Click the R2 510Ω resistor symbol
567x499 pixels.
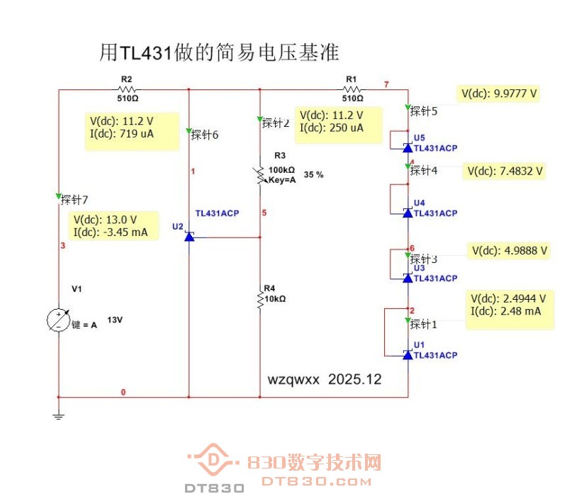(x=128, y=89)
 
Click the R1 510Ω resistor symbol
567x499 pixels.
(x=352, y=89)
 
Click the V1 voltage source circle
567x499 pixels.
(x=58, y=320)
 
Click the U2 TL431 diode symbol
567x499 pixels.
(x=189, y=237)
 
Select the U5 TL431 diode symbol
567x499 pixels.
(x=408, y=147)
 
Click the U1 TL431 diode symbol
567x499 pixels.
(x=408, y=354)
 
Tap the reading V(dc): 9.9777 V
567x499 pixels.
(x=499, y=93)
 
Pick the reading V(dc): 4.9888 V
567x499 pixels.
(x=509, y=250)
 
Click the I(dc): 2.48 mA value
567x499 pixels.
(x=505, y=311)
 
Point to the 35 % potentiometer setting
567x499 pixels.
(x=313, y=174)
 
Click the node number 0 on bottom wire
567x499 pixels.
(x=123, y=392)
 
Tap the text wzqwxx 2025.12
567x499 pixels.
(x=324, y=379)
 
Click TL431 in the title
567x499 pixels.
(x=146, y=52)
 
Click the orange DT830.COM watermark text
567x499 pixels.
(x=316, y=481)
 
